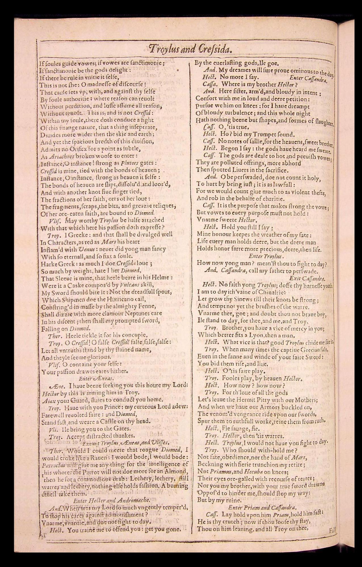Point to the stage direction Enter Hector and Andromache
click(112, 500)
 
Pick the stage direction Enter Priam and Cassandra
click(263, 507)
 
